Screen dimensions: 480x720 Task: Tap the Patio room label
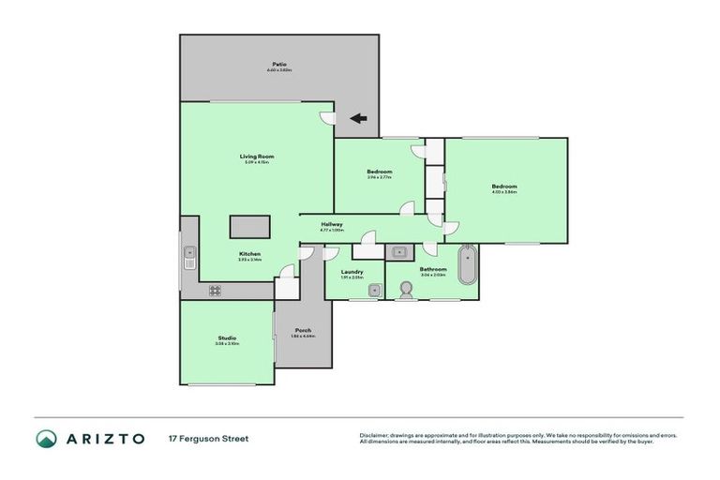pos(278,65)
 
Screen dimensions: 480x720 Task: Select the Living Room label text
pos(257,157)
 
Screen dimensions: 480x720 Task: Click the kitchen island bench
pos(250,228)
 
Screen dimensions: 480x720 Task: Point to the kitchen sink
pos(189,252)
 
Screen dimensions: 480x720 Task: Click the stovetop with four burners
pos(215,291)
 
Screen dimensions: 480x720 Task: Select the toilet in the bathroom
pos(406,290)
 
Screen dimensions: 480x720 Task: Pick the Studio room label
pos(227,337)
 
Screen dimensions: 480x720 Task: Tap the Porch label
pos(303,330)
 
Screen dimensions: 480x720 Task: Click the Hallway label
pos(332,224)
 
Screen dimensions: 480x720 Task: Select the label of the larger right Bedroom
pos(504,187)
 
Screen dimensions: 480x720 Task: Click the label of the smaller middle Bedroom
pos(379,172)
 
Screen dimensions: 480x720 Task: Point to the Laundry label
pos(352,272)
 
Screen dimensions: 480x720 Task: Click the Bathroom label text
pos(433,269)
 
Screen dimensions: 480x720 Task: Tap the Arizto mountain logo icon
pos(46,439)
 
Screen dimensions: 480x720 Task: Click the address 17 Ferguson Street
pos(208,439)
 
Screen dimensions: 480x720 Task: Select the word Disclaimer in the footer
pos(375,435)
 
